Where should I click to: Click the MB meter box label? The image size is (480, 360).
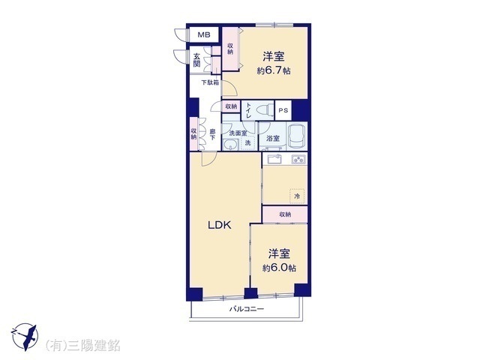(x=204, y=34)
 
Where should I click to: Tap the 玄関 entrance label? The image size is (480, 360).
(x=196, y=60)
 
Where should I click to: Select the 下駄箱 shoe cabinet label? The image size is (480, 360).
(x=210, y=82)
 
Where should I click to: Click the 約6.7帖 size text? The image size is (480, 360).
(x=273, y=71)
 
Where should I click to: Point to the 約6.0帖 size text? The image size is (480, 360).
(x=279, y=268)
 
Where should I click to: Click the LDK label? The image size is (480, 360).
(x=220, y=226)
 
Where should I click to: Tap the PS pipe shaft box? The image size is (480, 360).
(x=283, y=110)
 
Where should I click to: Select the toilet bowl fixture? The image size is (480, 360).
(x=265, y=110)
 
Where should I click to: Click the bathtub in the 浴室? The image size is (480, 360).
(x=298, y=136)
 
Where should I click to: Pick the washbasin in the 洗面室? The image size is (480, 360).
(x=230, y=144)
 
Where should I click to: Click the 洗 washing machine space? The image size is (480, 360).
(x=247, y=143)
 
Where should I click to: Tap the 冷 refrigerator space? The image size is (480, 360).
(x=297, y=196)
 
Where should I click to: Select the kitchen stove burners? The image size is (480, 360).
(x=298, y=160)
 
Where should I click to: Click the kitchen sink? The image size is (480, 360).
(x=274, y=160)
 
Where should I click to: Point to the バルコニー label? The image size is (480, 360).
(x=247, y=309)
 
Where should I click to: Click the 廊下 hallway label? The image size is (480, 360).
(x=212, y=135)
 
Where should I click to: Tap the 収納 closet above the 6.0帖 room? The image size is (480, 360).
(x=285, y=214)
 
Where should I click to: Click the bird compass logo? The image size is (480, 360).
(x=25, y=337)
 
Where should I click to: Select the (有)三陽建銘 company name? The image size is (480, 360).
(x=82, y=346)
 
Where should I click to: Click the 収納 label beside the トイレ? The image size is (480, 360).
(x=231, y=106)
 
